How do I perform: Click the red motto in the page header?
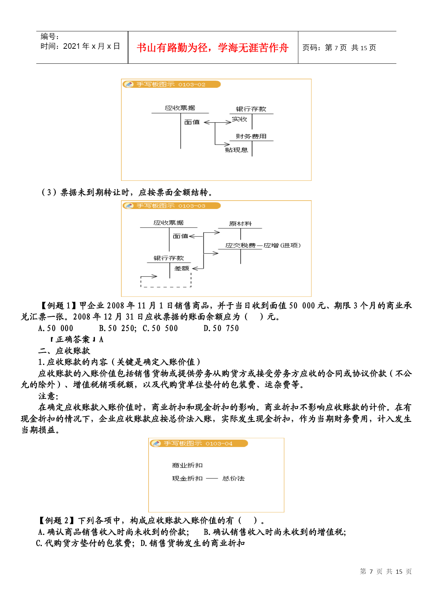[x=212, y=48]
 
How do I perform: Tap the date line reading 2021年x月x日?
[x=80, y=46]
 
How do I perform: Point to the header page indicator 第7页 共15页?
[x=339, y=48]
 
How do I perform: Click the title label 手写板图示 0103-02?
[x=171, y=84]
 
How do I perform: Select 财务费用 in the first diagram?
[x=251, y=136]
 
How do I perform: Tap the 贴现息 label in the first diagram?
[x=237, y=150]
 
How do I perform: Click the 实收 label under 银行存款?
[x=239, y=119]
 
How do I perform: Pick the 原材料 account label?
[x=240, y=224]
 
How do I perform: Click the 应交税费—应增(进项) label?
[x=263, y=245]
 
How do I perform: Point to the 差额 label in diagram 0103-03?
[x=181, y=268]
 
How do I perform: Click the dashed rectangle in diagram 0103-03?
[x=166, y=287]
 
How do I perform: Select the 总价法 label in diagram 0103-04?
[x=233, y=478]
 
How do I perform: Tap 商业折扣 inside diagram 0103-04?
[x=187, y=465]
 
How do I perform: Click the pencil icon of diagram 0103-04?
[x=156, y=443]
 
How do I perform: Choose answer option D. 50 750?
[x=221, y=328]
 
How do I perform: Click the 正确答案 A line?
[x=77, y=339]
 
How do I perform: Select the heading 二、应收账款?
[x=64, y=351]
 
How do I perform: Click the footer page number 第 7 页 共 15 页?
[x=386, y=571]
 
